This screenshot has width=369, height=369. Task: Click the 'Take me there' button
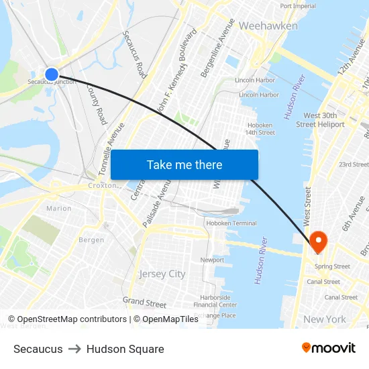tap(184, 164)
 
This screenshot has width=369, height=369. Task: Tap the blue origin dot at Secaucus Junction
tap(52, 74)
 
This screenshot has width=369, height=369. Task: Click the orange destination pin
tap(317, 240)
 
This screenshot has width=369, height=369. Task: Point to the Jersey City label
tap(162, 274)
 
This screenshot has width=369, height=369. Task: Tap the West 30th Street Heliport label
tap(324, 120)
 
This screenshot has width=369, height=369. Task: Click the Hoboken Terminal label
tap(231, 223)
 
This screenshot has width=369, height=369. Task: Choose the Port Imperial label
tap(298, 6)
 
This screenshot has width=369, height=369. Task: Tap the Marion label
tap(59, 209)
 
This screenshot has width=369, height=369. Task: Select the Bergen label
tap(91, 240)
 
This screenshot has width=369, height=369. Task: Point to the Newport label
tap(212, 260)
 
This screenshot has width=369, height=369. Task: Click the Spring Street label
tap(333, 266)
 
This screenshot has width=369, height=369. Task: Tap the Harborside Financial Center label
tap(215, 301)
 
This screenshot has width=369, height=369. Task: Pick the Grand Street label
tap(144, 302)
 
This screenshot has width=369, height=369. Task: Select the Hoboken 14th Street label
tap(260, 128)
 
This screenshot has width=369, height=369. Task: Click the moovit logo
tap(328, 348)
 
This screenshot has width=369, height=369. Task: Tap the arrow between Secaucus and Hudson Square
tap(74, 349)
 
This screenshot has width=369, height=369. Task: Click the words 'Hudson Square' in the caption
tap(125, 349)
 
